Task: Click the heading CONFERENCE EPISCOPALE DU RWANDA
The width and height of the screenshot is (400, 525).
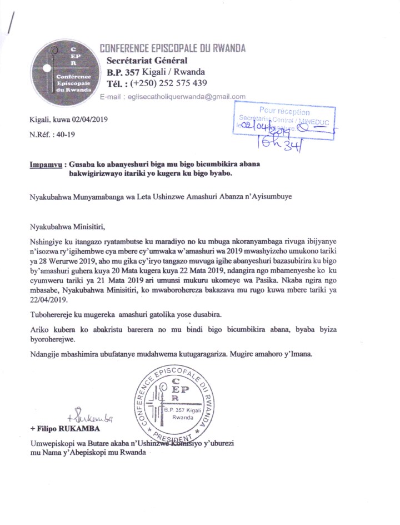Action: [x=172, y=48]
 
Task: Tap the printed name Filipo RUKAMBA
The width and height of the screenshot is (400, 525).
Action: [x=68, y=430]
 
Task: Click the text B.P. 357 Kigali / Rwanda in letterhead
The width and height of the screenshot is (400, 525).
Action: [x=156, y=72]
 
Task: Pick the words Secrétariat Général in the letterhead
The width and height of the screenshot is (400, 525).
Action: [x=148, y=61]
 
